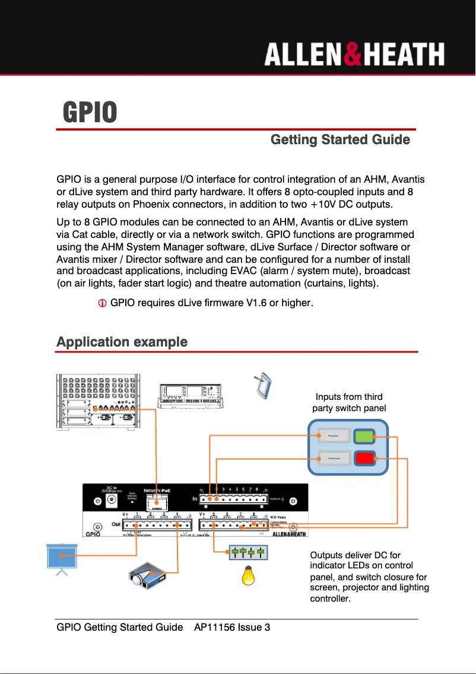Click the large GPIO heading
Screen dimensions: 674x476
[90, 112]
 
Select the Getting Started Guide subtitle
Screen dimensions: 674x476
[340, 140]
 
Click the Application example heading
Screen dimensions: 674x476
[122, 342]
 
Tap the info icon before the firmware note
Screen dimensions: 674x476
[102, 304]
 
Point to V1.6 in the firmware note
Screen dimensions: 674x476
[256, 304]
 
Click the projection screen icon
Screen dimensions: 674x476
[62, 557]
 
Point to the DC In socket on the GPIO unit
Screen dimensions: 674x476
[111, 501]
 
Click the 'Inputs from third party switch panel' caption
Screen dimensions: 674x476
[349, 402]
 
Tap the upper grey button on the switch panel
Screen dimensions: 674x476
[333, 437]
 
